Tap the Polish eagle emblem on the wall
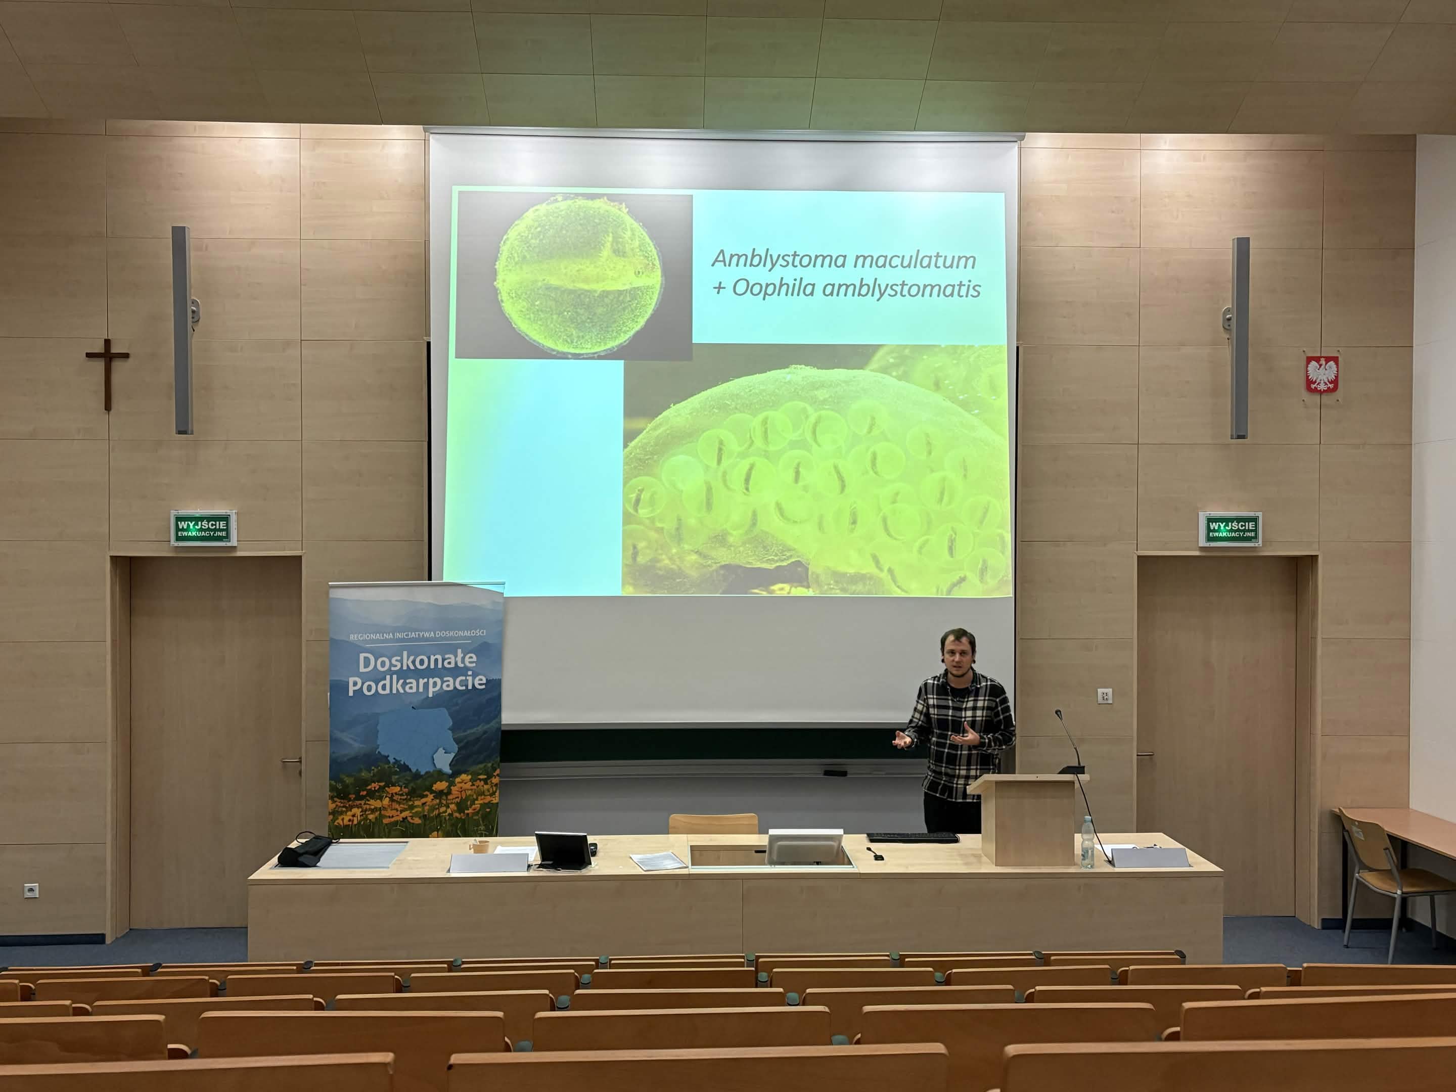(x=1322, y=373)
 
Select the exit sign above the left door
(x=203, y=528)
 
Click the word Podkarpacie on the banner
(x=417, y=685)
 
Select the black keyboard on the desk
(x=913, y=838)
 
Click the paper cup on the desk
(x=480, y=846)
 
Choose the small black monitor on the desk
(x=563, y=850)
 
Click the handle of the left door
(x=292, y=761)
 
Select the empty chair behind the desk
(x=713, y=824)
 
